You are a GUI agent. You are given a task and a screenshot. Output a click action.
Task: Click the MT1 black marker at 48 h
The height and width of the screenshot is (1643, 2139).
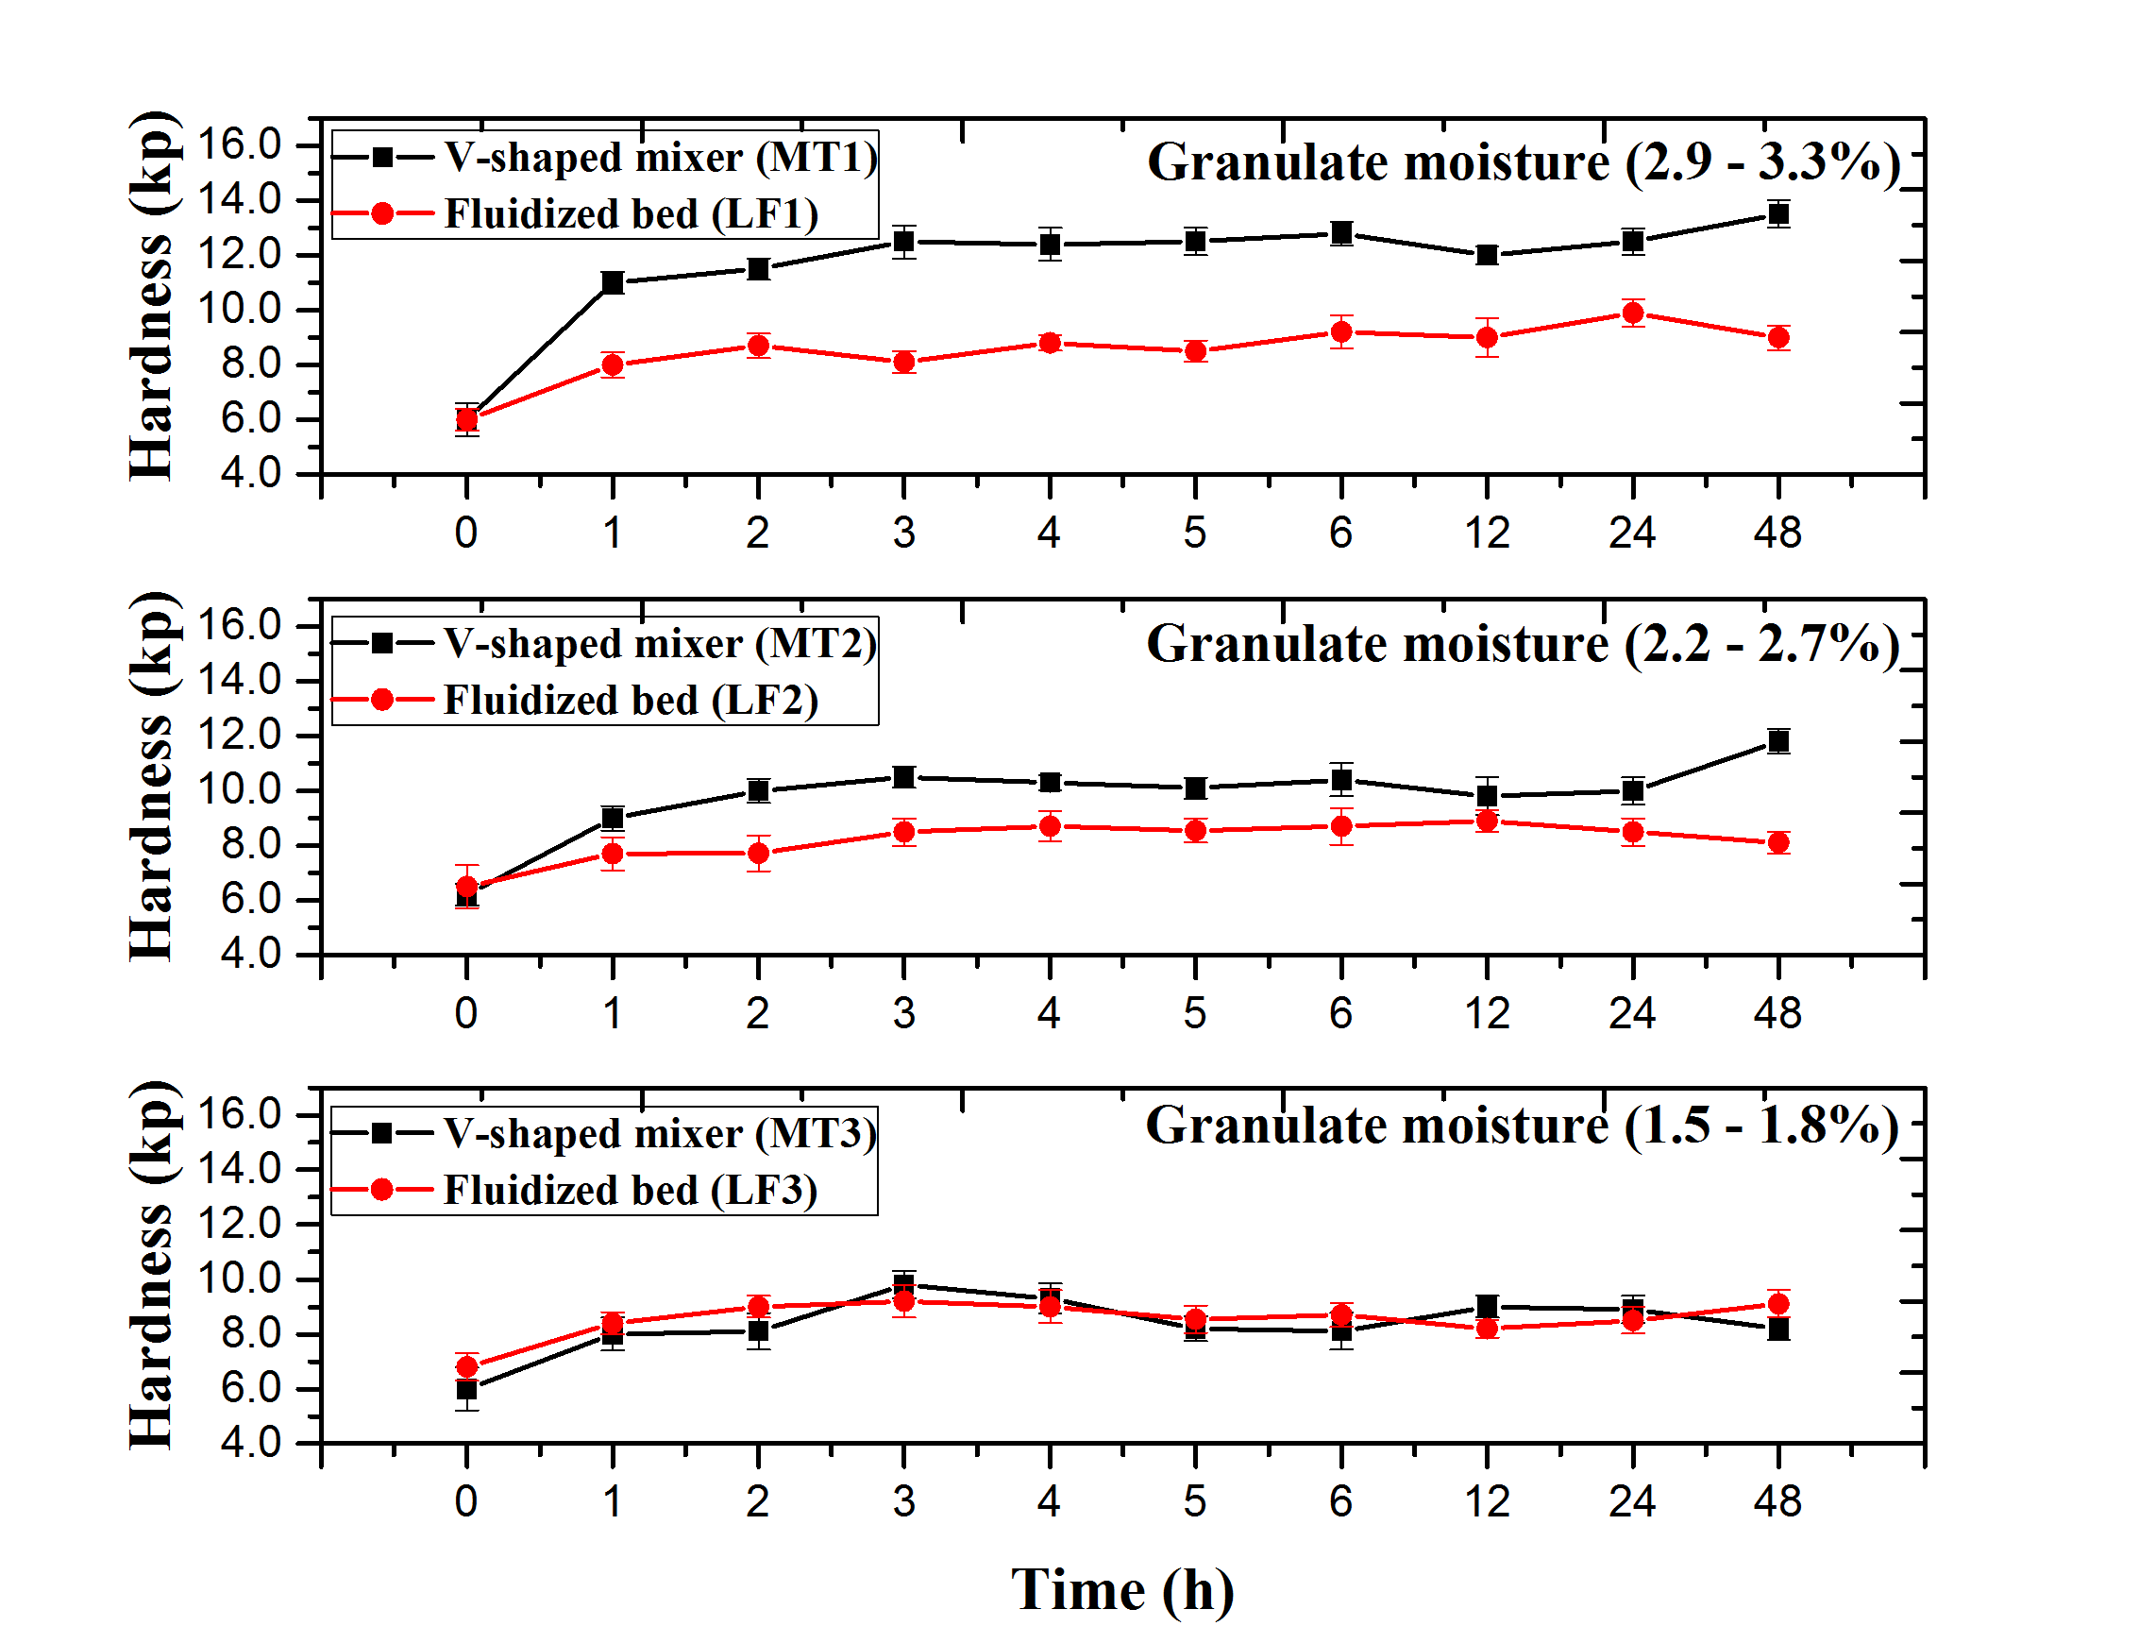tap(1777, 214)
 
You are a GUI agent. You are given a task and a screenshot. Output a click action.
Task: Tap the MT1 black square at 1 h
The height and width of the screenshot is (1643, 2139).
tap(612, 282)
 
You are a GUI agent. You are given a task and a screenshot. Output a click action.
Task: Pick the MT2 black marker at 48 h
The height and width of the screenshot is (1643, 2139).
tap(1777, 740)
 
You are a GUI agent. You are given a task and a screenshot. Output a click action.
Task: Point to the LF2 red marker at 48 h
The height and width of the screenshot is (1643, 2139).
tap(1777, 842)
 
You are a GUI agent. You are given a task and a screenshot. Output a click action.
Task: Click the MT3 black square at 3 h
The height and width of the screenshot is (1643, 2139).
tap(903, 1284)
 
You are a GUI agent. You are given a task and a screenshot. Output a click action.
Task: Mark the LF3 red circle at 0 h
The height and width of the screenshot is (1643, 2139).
tap(466, 1366)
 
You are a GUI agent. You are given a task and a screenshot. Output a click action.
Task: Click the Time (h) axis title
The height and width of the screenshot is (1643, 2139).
tap(1121, 1589)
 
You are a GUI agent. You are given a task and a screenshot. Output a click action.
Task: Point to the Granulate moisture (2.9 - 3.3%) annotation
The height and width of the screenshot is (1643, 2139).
tap(1524, 161)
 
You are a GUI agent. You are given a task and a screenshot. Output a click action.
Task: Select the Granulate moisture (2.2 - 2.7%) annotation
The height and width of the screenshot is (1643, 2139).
tap(1523, 644)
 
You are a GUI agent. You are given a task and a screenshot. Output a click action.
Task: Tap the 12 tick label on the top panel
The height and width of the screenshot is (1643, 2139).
tap(1486, 533)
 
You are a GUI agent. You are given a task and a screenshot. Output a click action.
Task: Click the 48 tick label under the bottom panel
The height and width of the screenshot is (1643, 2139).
tap(1777, 1501)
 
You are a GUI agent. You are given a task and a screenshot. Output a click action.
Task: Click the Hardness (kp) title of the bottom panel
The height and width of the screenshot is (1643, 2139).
tap(153, 1265)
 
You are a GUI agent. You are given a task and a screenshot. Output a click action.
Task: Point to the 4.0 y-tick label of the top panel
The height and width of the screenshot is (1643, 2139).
tap(250, 473)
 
